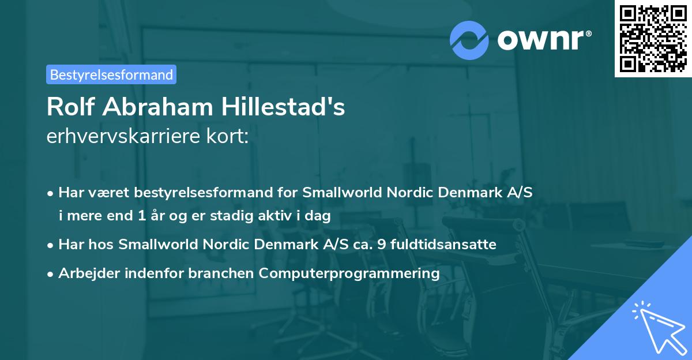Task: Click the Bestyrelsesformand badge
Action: click(x=111, y=74)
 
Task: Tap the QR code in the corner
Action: click(x=652, y=38)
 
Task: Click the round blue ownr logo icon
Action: click(x=469, y=40)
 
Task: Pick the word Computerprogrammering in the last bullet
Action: click(x=349, y=273)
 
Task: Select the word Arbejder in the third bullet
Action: click(x=84, y=273)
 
